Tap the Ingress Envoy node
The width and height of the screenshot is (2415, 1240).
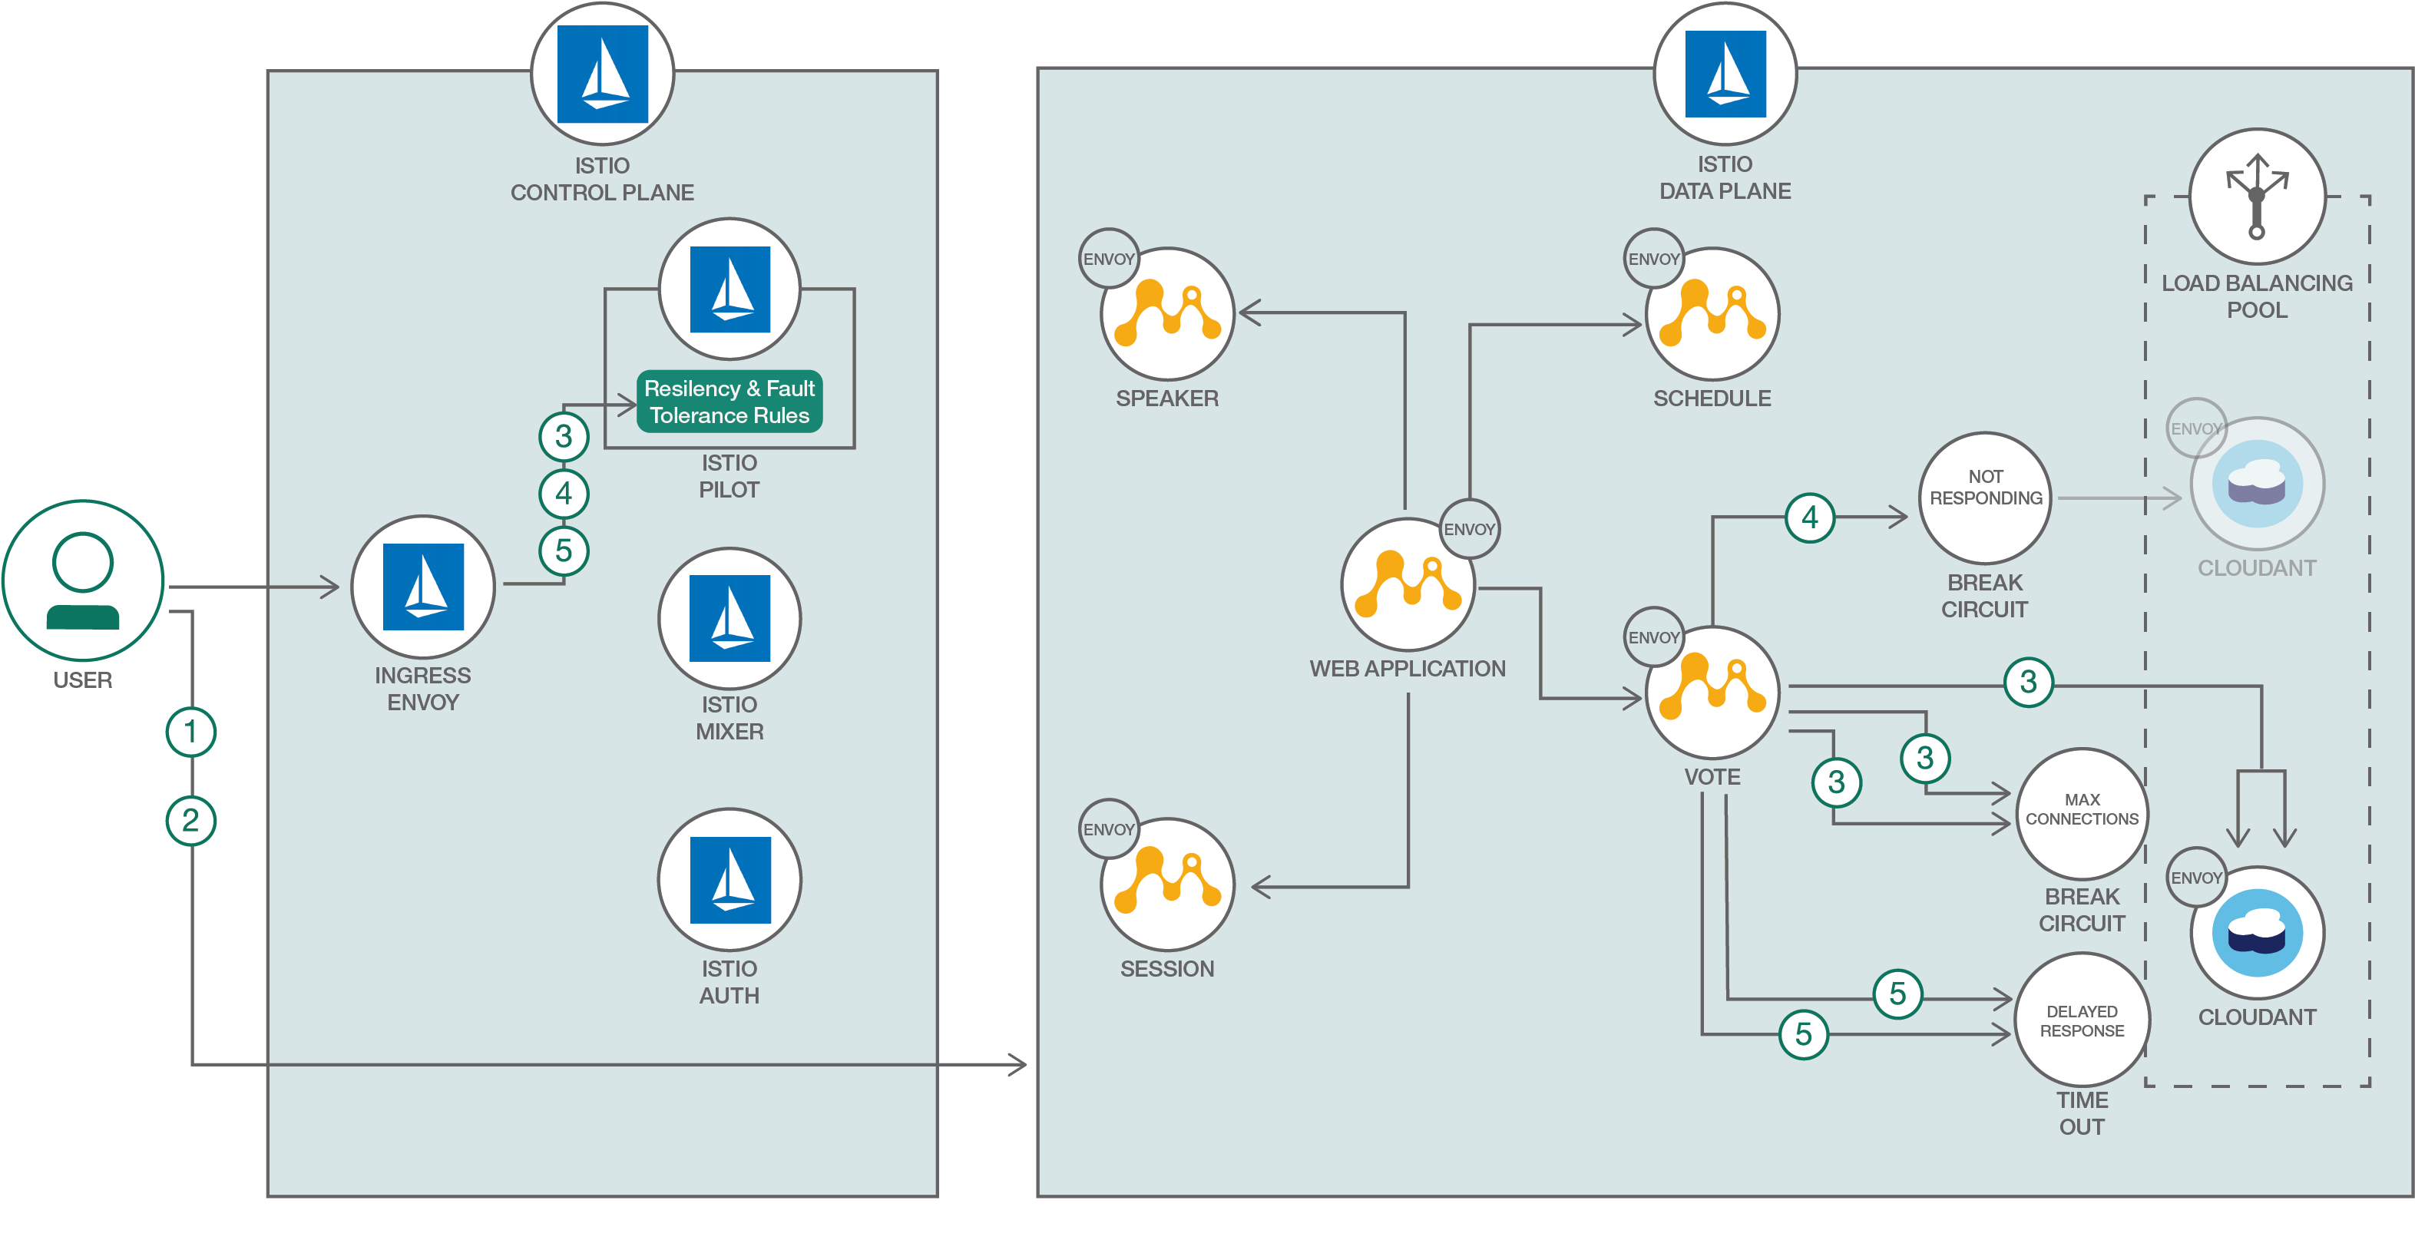pos(423,587)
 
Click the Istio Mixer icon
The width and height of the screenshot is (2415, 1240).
pos(729,619)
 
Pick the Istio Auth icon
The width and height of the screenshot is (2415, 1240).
pos(729,880)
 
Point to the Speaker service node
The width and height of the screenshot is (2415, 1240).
pos(1167,314)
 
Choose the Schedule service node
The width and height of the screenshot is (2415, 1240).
pos(1712,314)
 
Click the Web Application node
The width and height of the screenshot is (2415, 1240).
pos(1408,585)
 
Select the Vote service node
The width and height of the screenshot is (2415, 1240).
pos(1712,693)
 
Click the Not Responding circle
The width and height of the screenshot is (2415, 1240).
pos(1985,498)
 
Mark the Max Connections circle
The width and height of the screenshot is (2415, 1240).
pos(2081,812)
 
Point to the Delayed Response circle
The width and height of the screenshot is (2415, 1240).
pos(2081,1020)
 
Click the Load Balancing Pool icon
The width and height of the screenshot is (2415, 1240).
pos(2257,197)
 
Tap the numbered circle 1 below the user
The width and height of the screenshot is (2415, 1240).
pos(191,731)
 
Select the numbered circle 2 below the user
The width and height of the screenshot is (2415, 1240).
pos(191,821)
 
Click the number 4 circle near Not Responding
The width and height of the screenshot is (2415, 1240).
pos(1809,517)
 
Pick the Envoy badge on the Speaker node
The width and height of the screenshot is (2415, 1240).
pos(1108,259)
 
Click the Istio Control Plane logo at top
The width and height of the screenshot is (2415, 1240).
pos(602,74)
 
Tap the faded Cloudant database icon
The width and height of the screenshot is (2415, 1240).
pos(2257,484)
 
